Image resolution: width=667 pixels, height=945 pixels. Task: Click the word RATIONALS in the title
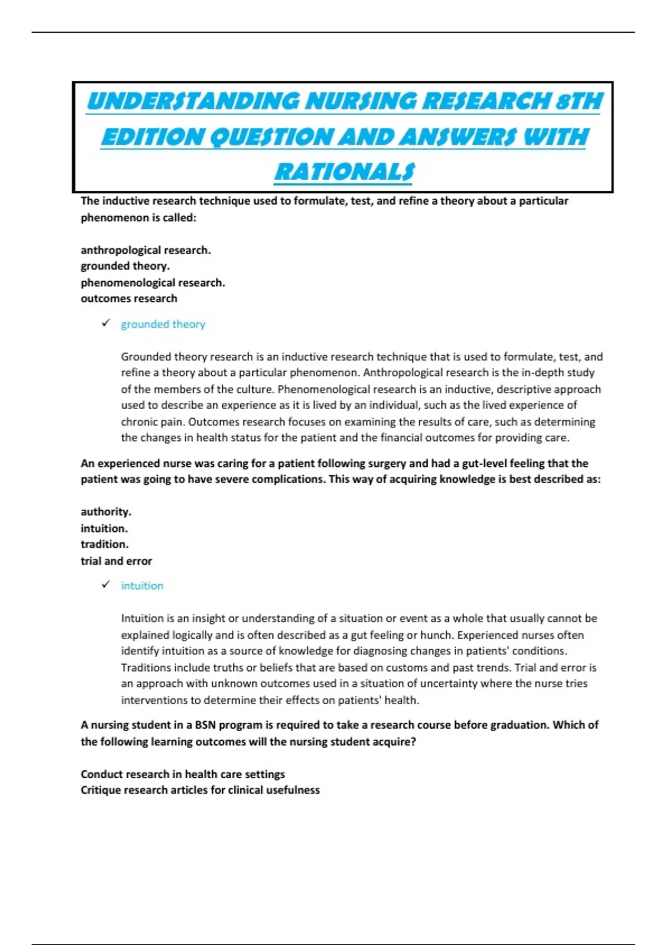pos(344,172)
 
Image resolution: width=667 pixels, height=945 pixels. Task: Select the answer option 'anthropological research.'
pos(146,250)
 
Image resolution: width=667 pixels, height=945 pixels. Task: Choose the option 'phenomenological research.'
pos(153,282)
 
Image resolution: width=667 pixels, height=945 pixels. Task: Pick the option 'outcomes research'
pos(129,299)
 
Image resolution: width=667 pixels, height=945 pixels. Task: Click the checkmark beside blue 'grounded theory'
pos(106,324)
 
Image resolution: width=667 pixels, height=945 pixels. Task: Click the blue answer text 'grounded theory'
pos(163,324)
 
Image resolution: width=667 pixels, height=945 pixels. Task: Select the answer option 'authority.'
pos(106,511)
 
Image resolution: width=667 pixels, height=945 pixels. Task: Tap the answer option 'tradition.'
pos(104,544)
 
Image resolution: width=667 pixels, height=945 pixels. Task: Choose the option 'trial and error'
pos(116,561)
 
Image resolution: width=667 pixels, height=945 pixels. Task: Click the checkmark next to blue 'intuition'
pos(106,585)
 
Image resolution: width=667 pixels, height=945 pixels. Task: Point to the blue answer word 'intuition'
pos(142,585)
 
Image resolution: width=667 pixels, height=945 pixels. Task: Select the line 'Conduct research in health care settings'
pos(182,774)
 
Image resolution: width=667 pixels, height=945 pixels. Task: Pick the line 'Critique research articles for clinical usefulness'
pos(200,790)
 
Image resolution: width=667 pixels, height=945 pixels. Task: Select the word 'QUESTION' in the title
pos(270,137)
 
